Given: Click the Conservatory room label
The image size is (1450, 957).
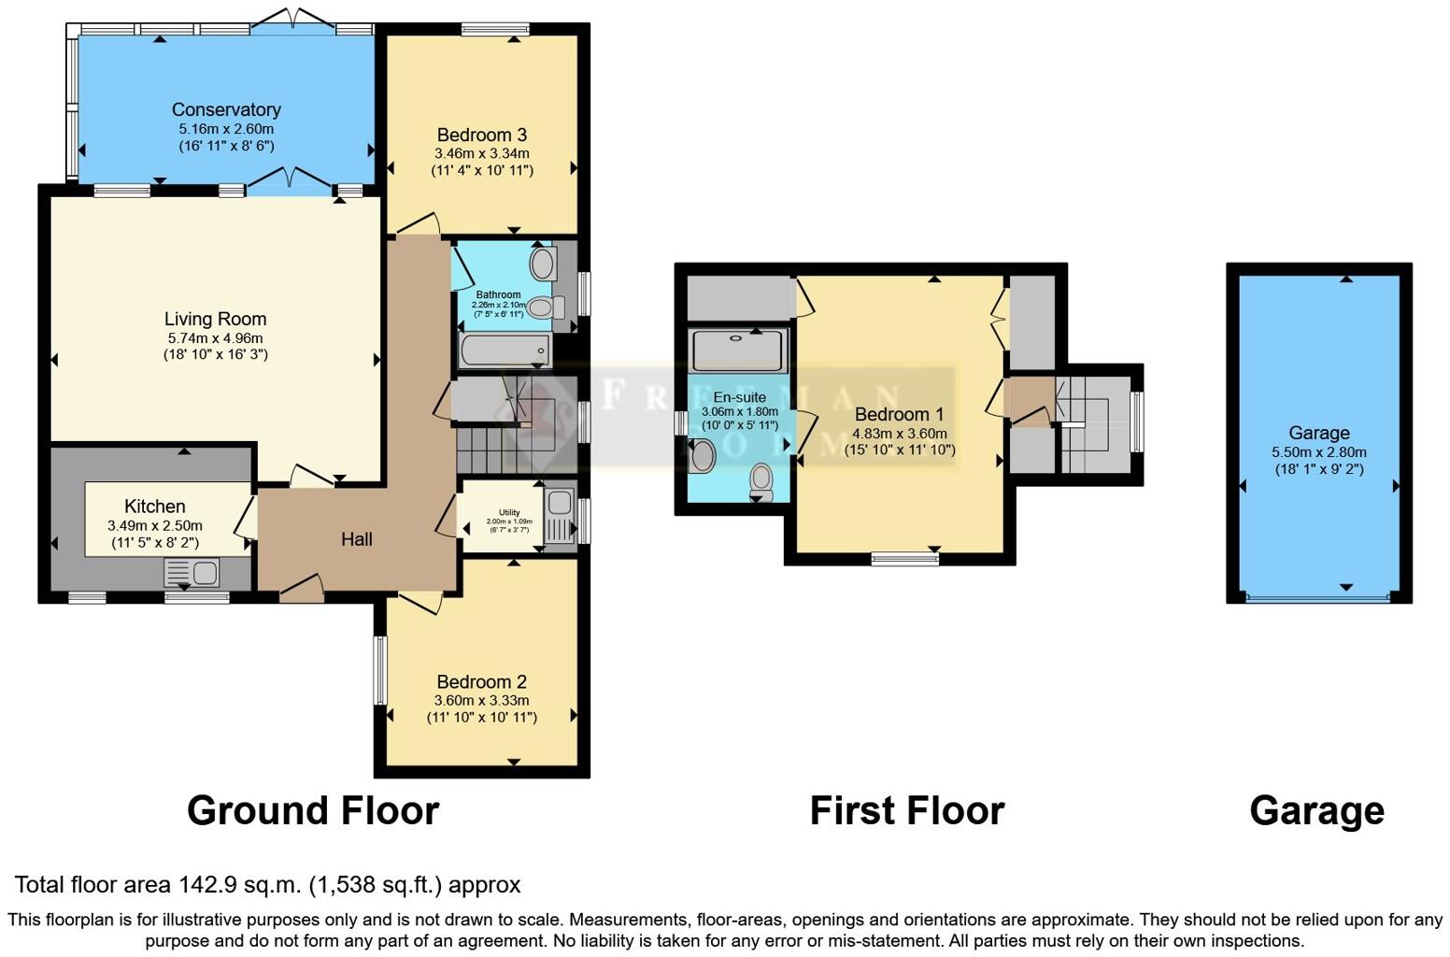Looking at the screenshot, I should pos(226,109).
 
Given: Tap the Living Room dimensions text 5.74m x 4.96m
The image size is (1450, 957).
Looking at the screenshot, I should pos(215,337).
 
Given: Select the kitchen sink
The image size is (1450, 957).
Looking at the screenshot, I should pos(192,571).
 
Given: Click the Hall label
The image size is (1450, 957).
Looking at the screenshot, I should pos(356,538).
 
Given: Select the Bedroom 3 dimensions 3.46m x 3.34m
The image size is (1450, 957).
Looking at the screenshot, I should pos(481,153).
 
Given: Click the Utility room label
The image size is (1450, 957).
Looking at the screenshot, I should pos(509,512).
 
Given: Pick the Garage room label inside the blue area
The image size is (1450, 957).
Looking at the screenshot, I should pos(1318,433).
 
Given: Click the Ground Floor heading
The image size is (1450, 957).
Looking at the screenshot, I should pos(313,810).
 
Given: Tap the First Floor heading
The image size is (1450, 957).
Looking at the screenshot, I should pos(906,810).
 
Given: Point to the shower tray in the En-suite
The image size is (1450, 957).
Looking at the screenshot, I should pos(738,350).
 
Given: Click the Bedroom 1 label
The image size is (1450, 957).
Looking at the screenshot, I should pos(899,414).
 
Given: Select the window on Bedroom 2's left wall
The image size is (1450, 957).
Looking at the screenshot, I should pos(380,669).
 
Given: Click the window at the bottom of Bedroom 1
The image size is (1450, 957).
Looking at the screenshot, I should pos(904,559).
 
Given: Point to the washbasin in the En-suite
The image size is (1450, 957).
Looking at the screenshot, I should pos(702,456).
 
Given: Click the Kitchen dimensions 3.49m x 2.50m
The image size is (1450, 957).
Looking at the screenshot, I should pos(155,525).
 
